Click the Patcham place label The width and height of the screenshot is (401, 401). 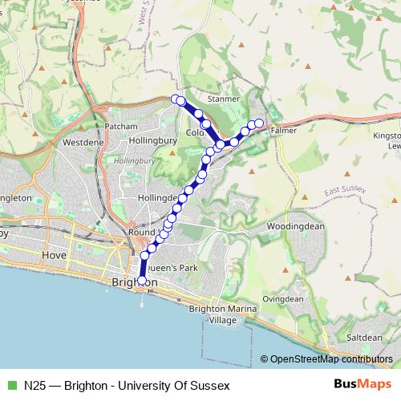[x=121, y=126]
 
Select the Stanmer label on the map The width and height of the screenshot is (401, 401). [x=224, y=99]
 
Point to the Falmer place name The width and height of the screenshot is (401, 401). [x=284, y=128]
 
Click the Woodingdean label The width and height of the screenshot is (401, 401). [x=294, y=227]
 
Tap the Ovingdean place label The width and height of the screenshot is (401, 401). [x=283, y=298]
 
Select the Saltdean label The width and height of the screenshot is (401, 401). [x=365, y=338]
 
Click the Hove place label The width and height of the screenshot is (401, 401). [x=54, y=254]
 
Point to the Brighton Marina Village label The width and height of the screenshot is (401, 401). [x=223, y=314]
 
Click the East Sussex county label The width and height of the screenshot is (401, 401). [x=345, y=190]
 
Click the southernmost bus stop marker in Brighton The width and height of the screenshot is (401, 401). [x=142, y=281]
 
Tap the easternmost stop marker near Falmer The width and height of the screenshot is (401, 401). [x=259, y=123]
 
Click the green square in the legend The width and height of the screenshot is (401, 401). [x=10, y=384]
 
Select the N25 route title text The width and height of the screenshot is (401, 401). [x=126, y=384]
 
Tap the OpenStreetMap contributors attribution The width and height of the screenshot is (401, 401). [x=331, y=359]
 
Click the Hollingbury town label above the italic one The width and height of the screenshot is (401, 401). [x=152, y=141]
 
